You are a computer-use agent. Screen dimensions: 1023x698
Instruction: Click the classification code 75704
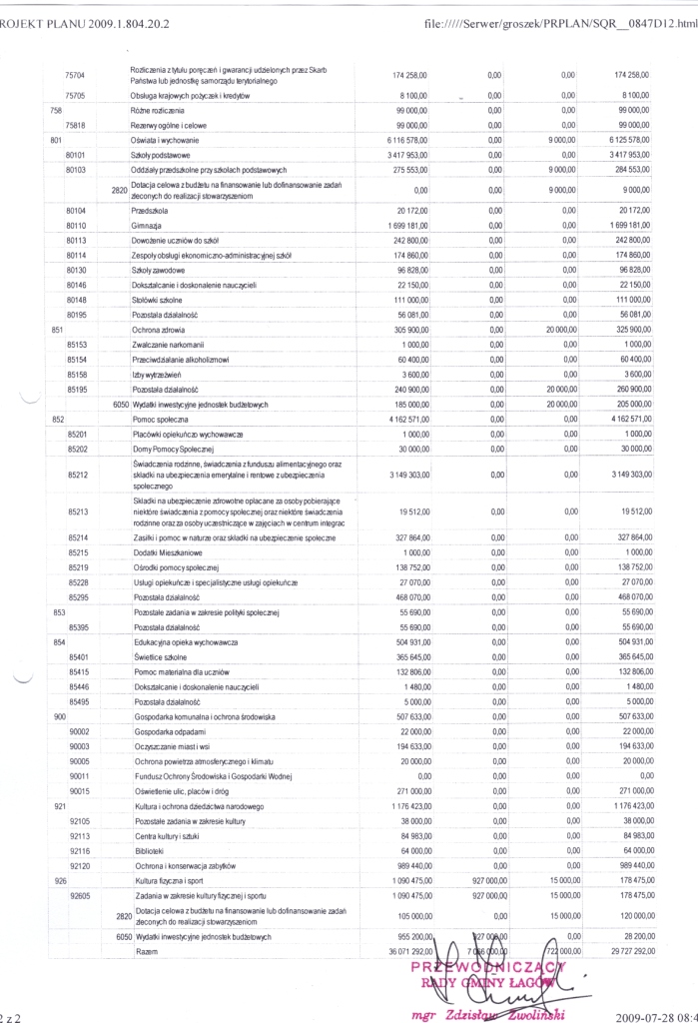pyautogui.click(x=75, y=75)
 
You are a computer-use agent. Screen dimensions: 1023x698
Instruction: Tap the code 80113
pyautogui.click(x=75, y=242)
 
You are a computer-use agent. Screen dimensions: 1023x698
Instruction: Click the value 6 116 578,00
pyautogui.click(x=403, y=142)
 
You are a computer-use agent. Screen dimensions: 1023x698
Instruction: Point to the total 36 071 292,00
pyautogui.click(x=399, y=953)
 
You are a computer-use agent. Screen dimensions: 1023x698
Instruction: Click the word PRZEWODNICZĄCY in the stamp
pyautogui.click(x=495, y=967)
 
